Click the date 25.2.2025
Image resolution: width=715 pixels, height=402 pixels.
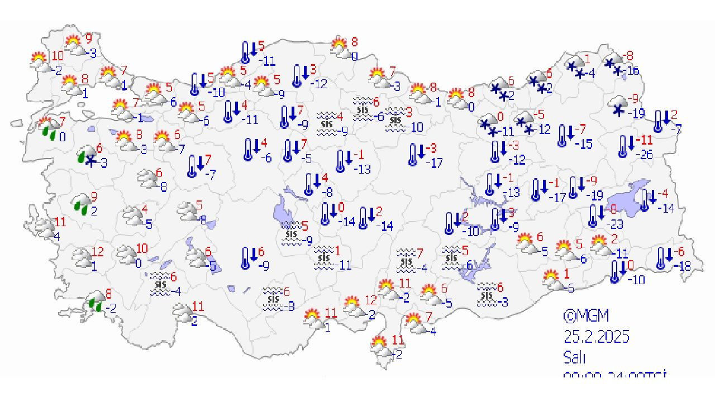[x=596, y=337]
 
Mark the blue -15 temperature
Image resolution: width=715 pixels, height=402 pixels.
[x=584, y=144]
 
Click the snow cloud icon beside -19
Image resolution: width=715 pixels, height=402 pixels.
[x=618, y=106]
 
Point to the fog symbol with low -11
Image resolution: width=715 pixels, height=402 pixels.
[x=323, y=257]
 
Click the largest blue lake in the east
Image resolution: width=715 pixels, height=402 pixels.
[x=628, y=195]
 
